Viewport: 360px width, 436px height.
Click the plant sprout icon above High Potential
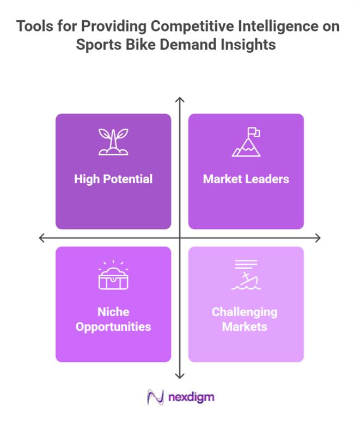coord(113,142)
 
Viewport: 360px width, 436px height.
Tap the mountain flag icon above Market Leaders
coord(246,142)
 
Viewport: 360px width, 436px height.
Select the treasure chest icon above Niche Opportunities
coord(113,276)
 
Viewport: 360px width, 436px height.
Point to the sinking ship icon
coord(246,276)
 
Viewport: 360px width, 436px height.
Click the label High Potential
coord(113,179)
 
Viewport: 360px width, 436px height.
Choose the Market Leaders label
coord(246,179)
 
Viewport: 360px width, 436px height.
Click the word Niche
coord(113,312)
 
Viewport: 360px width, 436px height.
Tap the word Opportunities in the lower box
coord(113,327)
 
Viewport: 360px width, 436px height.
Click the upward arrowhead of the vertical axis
coord(180,99)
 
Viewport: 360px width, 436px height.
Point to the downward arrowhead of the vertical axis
coord(180,376)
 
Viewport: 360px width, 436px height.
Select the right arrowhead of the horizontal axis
coord(318,238)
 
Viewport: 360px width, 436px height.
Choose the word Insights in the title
coord(248,44)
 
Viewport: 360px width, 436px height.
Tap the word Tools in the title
coord(35,26)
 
